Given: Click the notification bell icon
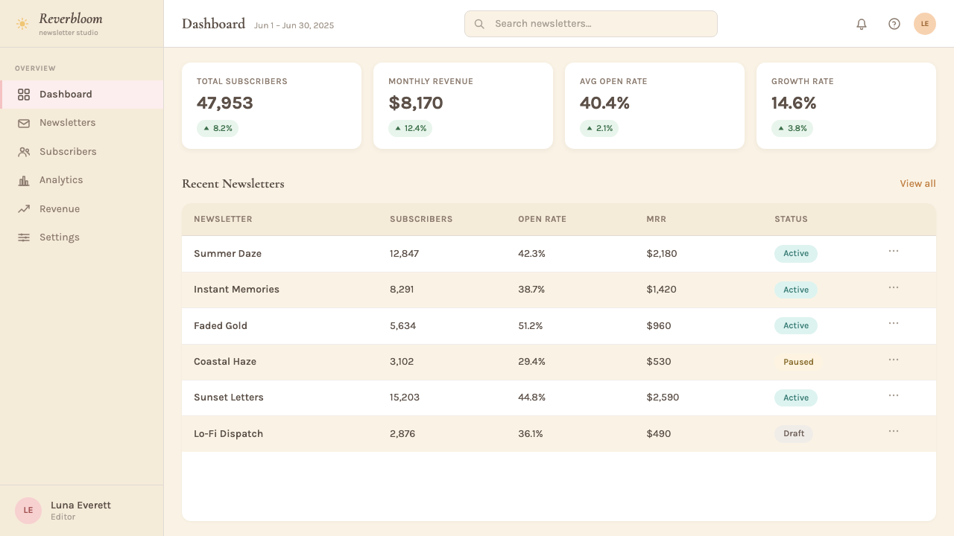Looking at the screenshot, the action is (x=861, y=24).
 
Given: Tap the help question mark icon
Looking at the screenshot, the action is (x=894, y=24).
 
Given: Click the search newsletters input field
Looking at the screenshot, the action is (x=591, y=24).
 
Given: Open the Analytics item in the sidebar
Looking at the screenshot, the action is (x=61, y=180).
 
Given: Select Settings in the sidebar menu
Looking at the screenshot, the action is (x=59, y=237).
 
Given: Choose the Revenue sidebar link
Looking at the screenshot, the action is (x=59, y=209).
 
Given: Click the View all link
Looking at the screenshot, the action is (x=917, y=184).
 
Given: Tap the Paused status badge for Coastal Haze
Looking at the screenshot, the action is (x=798, y=362).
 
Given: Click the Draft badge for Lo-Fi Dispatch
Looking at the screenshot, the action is (x=794, y=433).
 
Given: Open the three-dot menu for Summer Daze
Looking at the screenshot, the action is (x=894, y=252).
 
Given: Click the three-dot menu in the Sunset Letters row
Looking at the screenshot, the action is (x=894, y=395).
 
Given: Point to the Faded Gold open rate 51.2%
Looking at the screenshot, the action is (x=530, y=326).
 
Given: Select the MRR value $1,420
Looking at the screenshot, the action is (x=661, y=290).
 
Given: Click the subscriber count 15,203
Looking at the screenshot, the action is (x=404, y=398).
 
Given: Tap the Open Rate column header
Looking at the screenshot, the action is (x=542, y=219).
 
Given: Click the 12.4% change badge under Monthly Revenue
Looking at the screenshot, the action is (x=410, y=129).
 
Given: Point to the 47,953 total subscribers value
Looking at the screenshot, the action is (x=224, y=103).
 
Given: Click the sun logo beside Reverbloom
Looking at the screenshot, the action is (x=22, y=24).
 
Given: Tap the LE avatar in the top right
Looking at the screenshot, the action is (x=925, y=24).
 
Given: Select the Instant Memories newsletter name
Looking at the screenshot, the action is (x=236, y=290).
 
